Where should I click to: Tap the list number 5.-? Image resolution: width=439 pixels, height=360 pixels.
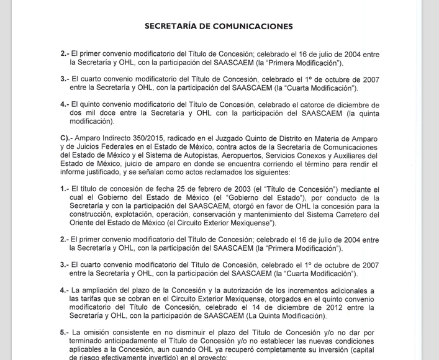(x=65, y=333)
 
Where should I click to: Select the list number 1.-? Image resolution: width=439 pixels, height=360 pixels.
(x=65, y=187)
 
